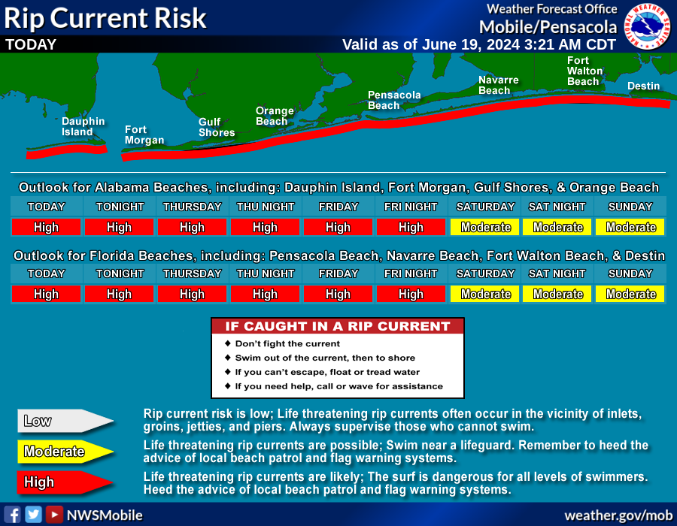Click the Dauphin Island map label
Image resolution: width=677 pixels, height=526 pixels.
coord(83,127)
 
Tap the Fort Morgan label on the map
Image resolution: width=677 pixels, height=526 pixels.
coord(144,135)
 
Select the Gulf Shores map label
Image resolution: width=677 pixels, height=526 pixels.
coord(217,127)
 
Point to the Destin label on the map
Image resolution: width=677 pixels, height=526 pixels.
coord(643,86)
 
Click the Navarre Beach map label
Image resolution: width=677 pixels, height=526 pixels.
coord(498,86)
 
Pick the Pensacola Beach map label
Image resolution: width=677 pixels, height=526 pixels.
coord(393,100)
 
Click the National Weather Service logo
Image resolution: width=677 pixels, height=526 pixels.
coord(647,26)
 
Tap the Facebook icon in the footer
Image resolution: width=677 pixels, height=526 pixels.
coord(13,515)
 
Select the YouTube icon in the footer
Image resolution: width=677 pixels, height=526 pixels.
coord(54,515)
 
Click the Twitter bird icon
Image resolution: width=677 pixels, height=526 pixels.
coord(33,515)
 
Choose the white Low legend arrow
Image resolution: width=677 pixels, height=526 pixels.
coord(65,421)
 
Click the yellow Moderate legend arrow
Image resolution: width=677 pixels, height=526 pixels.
coord(65,452)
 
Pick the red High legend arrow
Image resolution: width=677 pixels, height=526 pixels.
coord(65,482)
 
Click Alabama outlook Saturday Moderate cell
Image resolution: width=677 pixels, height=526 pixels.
coord(485,227)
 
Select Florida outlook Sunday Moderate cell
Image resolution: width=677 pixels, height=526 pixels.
coord(631,294)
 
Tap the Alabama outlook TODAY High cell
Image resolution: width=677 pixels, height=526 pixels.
coord(46,227)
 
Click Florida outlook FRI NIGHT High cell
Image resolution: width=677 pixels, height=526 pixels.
coord(411,294)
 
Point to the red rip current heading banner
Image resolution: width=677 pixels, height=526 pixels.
coord(338,326)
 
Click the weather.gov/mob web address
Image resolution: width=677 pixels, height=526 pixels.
coord(618,515)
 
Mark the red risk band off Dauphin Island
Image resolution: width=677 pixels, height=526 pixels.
coord(67,151)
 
